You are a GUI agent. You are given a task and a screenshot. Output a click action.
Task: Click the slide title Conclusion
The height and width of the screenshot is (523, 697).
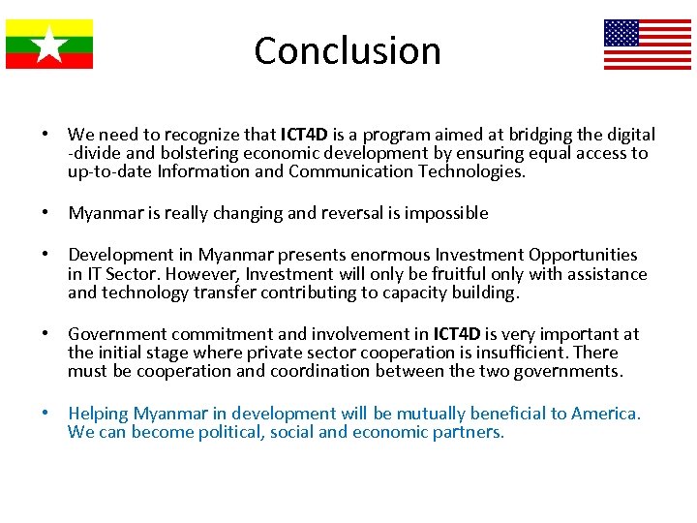348,50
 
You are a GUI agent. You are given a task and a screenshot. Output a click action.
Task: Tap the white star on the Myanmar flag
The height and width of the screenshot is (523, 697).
49,45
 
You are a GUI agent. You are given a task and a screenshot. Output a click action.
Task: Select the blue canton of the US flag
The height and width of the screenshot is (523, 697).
621,33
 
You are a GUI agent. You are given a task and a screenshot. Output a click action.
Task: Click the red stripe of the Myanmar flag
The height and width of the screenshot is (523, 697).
49,61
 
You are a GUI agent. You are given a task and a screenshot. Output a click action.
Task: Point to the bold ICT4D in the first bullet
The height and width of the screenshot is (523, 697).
304,135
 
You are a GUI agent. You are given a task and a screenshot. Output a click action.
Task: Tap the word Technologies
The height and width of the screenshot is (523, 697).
471,171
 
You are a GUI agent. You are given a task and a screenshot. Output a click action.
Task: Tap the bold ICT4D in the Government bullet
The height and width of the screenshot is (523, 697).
457,334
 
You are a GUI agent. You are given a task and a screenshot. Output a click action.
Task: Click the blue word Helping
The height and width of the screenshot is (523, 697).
98,414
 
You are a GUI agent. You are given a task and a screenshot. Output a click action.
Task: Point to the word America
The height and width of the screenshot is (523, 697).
605,414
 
